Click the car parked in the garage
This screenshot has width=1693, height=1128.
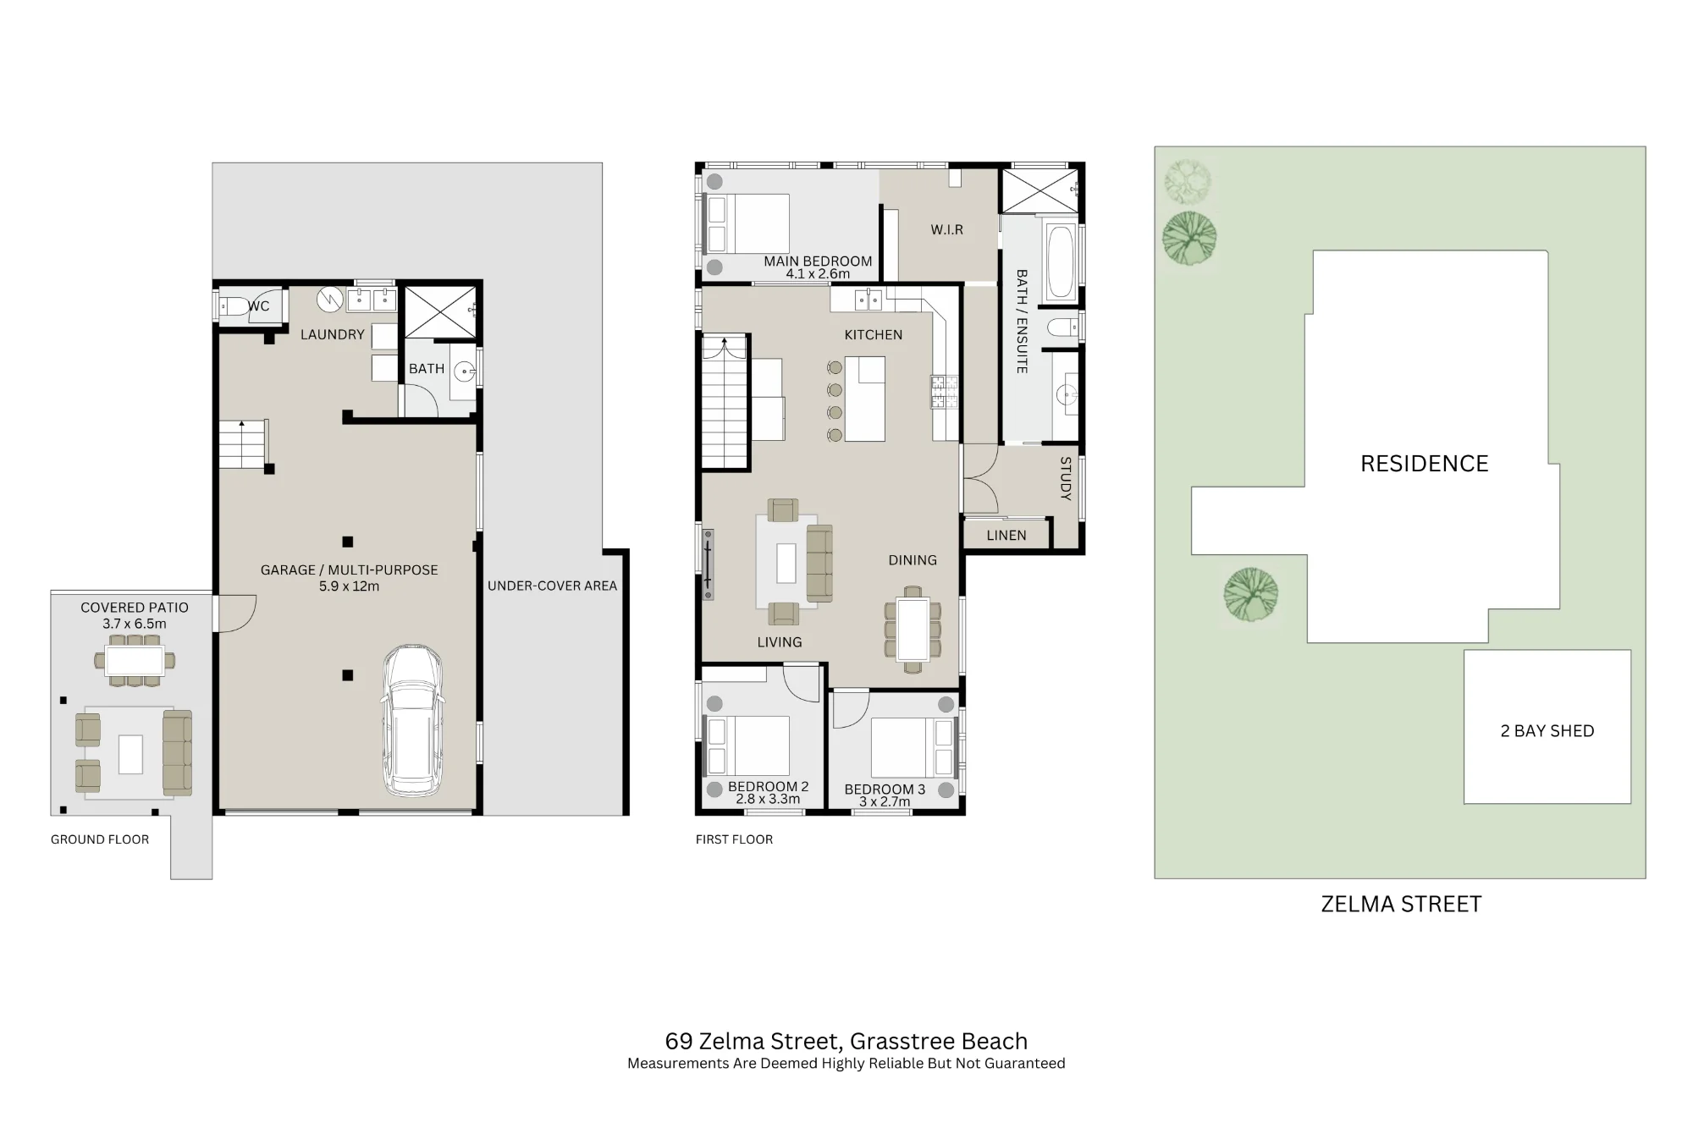click(x=412, y=721)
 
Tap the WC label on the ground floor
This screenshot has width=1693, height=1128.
click(x=259, y=306)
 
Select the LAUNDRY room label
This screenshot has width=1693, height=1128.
click(x=333, y=334)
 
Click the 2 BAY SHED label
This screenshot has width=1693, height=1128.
click(x=1547, y=731)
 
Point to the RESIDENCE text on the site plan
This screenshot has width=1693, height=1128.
click(x=1425, y=464)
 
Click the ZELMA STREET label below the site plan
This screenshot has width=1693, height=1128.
click(x=1401, y=904)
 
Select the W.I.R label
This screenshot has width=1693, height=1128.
click(x=947, y=230)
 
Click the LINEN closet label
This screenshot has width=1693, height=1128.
click(x=1006, y=536)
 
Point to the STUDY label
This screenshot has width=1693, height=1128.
click(x=1066, y=479)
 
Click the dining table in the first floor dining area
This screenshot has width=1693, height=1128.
click(x=913, y=630)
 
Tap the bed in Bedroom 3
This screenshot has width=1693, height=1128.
click(x=913, y=747)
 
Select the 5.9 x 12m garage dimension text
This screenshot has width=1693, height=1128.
click(x=349, y=586)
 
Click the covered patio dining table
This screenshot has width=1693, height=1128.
click(x=135, y=660)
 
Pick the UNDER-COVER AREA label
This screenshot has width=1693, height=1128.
click(x=553, y=586)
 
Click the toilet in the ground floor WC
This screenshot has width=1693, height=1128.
click(x=233, y=306)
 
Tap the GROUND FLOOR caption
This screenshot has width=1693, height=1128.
click(x=100, y=839)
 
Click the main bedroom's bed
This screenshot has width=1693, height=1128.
click(x=747, y=223)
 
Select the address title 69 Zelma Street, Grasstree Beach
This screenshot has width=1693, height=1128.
click(x=846, y=1042)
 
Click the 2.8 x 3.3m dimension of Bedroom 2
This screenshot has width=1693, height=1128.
click(x=768, y=799)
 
